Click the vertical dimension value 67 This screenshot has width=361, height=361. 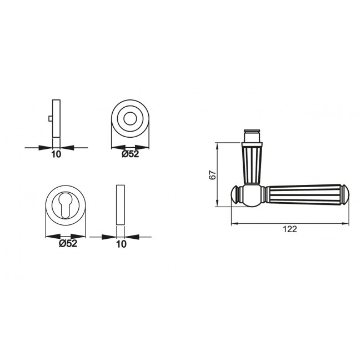(x=212, y=174)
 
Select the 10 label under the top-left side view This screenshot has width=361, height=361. (x=56, y=154)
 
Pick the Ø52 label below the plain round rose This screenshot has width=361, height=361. (x=130, y=154)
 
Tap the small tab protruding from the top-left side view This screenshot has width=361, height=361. (x=50, y=119)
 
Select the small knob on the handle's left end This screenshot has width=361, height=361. (x=236, y=195)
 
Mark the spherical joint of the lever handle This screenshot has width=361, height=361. (x=253, y=195)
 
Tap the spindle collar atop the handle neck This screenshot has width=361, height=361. (x=253, y=136)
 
